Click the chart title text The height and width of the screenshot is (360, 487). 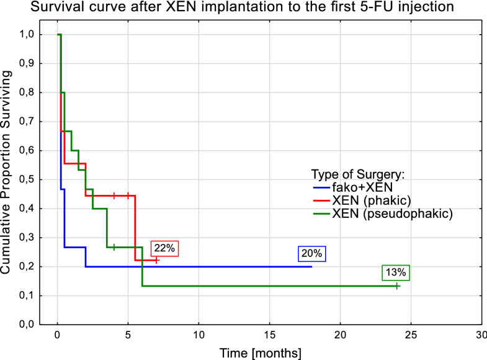(243, 9)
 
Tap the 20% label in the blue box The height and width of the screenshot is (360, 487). (311, 253)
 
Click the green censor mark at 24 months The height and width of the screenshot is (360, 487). (397, 286)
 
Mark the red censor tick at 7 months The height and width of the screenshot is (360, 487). (156, 261)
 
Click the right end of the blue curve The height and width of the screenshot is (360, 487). (311, 266)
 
